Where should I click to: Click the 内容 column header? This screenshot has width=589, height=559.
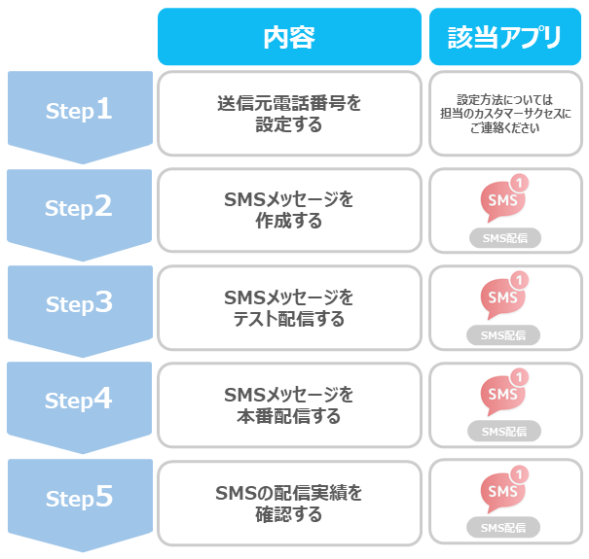point(289,37)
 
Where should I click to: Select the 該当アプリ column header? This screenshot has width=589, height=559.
point(505,37)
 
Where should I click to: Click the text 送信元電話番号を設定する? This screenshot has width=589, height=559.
point(289,114)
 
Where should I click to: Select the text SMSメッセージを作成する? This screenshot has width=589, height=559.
point(289,210)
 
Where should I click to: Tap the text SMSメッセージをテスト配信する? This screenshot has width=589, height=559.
point(289,308)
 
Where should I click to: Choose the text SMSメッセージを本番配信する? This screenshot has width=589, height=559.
point(289,405)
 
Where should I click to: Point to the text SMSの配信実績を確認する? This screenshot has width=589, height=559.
point(289,504)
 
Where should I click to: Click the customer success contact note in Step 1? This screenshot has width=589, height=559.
point(505,114)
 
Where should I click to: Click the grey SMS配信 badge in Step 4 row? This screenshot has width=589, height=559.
point(504,432)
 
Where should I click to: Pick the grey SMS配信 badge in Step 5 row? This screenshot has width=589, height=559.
point(503,528)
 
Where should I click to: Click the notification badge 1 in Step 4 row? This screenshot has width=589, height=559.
point(520,377)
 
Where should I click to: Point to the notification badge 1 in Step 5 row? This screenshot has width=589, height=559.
point(520,474)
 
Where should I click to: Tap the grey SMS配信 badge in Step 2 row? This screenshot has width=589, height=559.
point(505,238)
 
